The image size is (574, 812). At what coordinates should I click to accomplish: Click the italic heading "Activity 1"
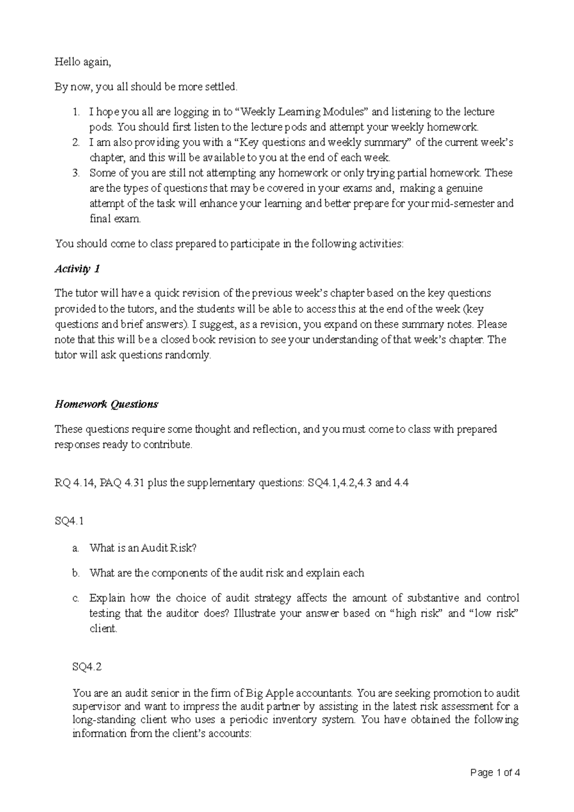77,269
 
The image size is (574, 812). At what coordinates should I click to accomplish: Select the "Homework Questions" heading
106,404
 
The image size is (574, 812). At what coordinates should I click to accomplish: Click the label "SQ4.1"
69,521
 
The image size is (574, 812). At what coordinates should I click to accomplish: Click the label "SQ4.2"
87,667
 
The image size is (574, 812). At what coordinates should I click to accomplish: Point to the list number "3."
76,173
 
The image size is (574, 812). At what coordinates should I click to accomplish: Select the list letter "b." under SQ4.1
76,573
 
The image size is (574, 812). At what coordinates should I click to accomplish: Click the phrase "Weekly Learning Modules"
304,112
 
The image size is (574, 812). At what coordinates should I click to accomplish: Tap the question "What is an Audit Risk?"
143,548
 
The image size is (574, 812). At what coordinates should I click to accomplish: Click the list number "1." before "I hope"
76,112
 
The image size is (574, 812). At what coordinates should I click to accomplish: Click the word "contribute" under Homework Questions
167,445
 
